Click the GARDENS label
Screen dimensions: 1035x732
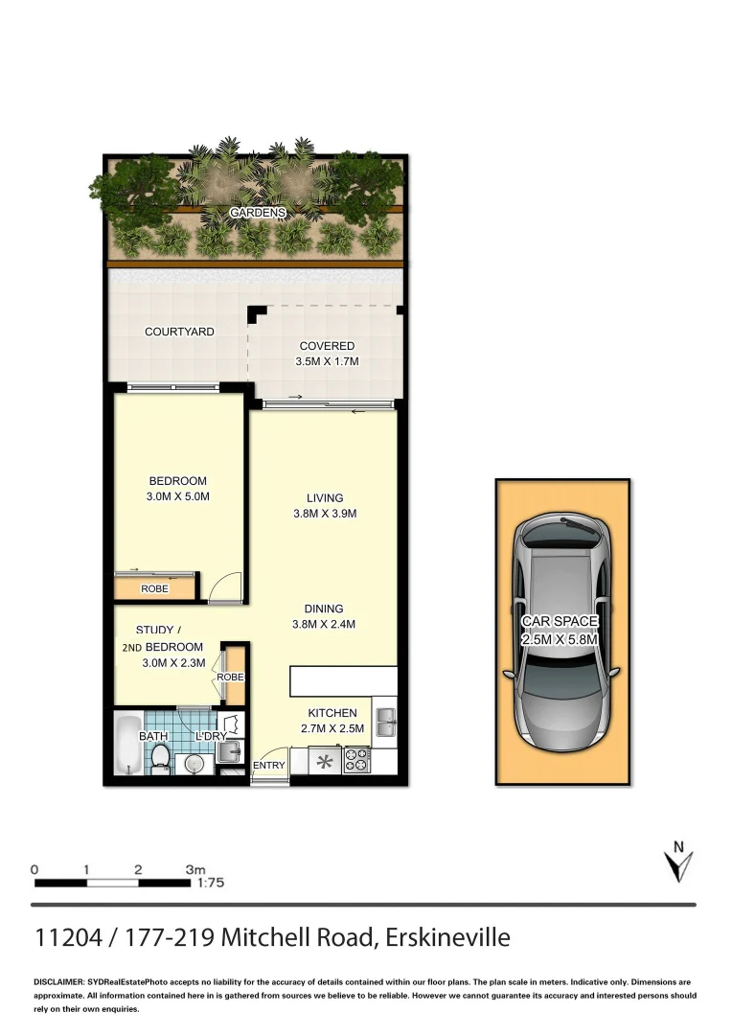coord(258,212)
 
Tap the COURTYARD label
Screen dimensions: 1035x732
coord(179,332)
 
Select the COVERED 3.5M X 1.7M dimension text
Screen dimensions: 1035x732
coord(327,363)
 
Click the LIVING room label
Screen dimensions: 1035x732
coord(325,497)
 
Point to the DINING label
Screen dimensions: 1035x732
coord(324,609)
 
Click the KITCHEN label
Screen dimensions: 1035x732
coord(332,713)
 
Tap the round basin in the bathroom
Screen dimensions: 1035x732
coord(194,764)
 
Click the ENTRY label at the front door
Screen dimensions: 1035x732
coord(268,766)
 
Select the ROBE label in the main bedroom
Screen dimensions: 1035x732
coord(154,588)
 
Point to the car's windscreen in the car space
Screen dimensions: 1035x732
coord(561,544)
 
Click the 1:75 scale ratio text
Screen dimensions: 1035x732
coord(209,885)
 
